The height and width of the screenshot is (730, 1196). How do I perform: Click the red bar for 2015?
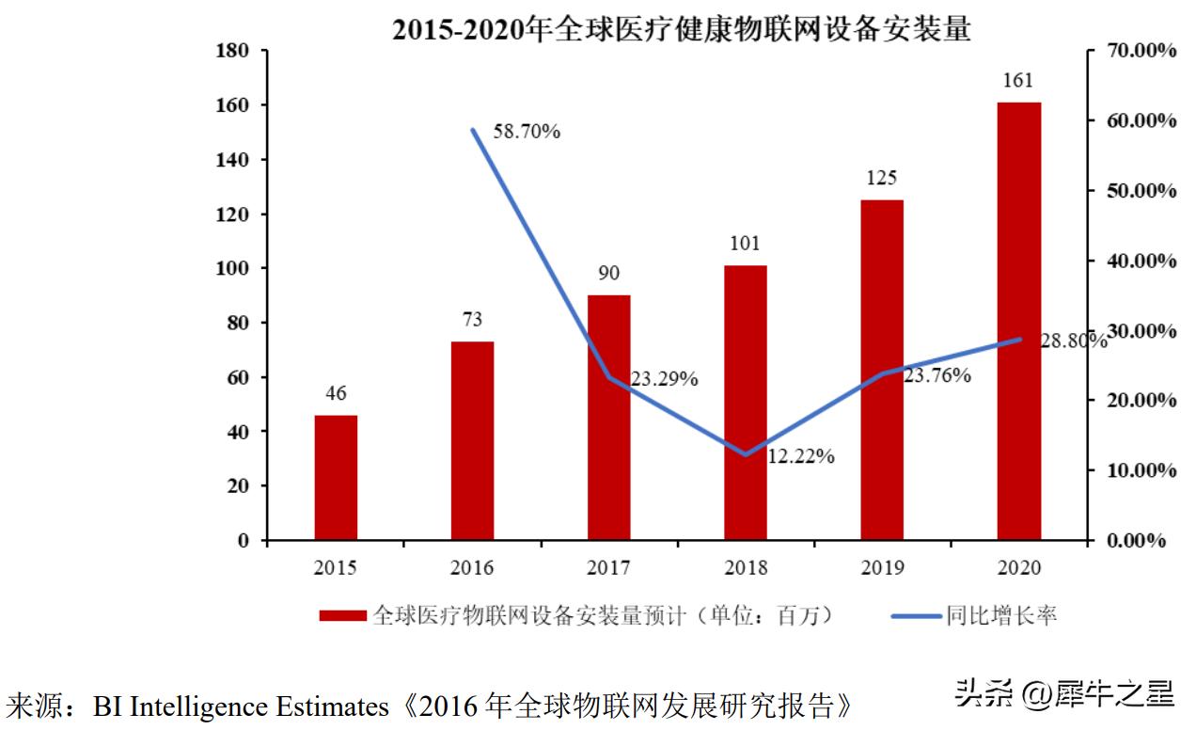(x=336, y=477)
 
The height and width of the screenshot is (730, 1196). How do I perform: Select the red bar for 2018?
(x=746, y=403)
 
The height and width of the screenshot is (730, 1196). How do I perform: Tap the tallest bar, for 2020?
(x=1019, y=321)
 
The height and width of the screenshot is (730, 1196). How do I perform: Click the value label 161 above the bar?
(x=1019, y=81)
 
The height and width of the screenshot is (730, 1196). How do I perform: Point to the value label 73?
(x=472, y=321)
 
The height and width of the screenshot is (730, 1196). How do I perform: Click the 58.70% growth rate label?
(x=527, y=132)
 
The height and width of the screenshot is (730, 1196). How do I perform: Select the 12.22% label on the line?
(x=801, y=456)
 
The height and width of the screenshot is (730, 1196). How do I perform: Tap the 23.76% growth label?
(x=937, y=375)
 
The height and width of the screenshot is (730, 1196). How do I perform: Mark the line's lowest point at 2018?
(x=746, y=454)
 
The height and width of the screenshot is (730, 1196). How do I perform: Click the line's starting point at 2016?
(x=473, y=130)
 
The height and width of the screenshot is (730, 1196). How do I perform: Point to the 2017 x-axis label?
(x=608, y=567)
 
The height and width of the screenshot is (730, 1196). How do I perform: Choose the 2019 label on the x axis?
(x=882, y=567)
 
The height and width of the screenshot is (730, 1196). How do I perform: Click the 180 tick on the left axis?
(x=232, y=51)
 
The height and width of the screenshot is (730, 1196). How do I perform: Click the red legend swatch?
(x=342, y=616)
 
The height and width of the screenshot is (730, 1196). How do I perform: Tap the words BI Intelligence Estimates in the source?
(x=240, y=706)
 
